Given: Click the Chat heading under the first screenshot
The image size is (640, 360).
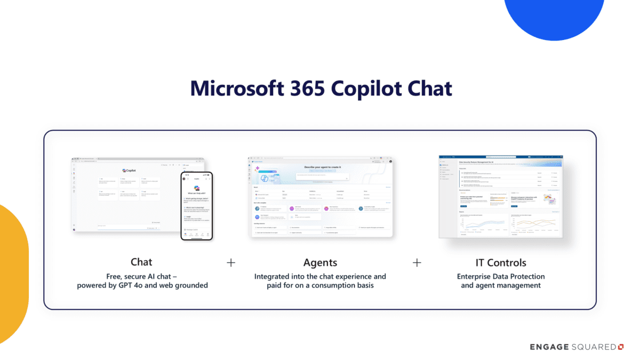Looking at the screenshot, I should click(x=141, y=262).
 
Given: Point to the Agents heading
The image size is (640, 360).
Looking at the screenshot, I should click(x=320, y=262).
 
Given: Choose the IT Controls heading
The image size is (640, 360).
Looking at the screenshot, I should click(x=500, y=262).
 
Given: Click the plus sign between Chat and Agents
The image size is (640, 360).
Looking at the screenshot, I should click(x=231, y=262).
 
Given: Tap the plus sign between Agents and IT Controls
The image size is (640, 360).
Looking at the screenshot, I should click(x=417, y=262).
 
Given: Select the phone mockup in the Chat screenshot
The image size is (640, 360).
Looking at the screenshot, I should click(x=196, y=205).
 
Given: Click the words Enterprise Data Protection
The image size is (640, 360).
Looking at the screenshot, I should click(x=500, y=276).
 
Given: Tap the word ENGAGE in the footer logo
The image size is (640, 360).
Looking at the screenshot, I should click(x=549, y=347).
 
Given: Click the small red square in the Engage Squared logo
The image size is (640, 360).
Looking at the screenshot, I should click(x=620, y=347).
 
